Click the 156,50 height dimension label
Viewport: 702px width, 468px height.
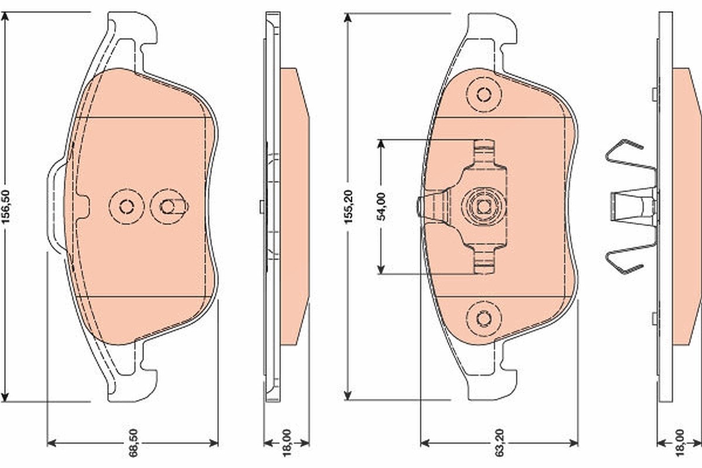click(6, 207)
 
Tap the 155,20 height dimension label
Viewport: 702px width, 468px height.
click(349, 207)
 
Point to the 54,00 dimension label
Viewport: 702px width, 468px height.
click(381, 207)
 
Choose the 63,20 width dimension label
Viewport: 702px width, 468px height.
click(500, 443)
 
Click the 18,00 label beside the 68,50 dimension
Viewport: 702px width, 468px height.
click(287, 443)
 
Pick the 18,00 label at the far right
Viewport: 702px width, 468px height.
click(679, 443)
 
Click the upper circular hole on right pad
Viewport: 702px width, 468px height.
click(484, 94)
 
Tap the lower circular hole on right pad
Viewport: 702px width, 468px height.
click(484, 319)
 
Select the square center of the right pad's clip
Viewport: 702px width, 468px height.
click(484, 207)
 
